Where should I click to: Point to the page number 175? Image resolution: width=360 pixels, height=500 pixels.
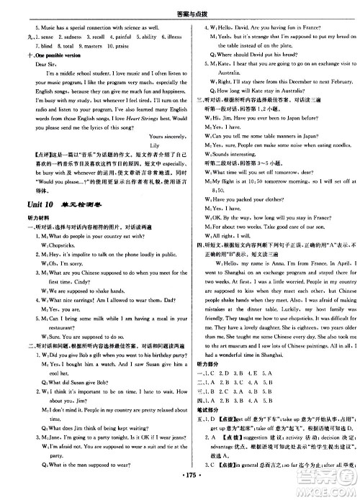(x=180, y=490)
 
